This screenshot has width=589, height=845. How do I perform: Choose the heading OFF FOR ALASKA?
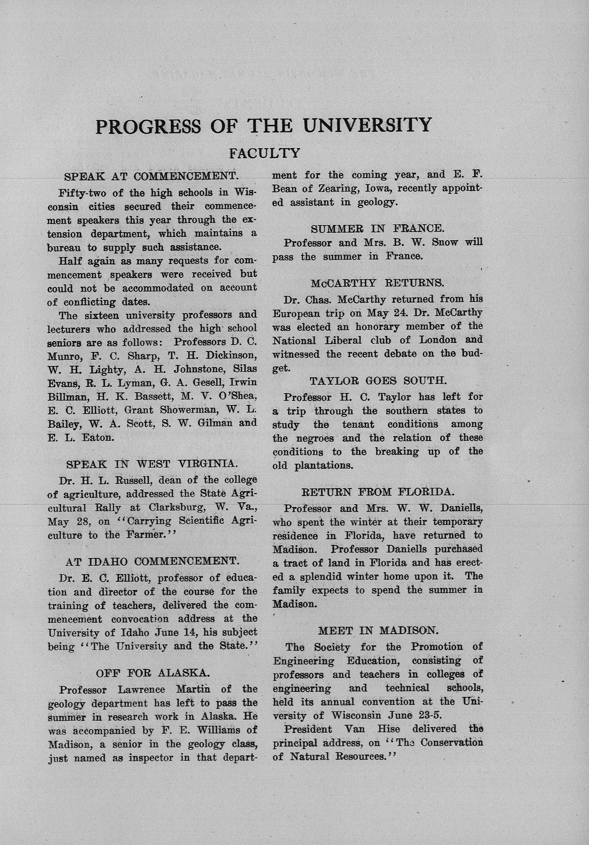coord(153,673)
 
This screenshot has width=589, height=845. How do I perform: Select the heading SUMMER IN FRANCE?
coord(377,228)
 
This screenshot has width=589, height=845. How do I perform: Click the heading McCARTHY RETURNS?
coord(377,283)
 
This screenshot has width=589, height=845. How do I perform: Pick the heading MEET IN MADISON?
coord(378,631)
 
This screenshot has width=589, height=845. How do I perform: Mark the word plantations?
coord(324,465)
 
